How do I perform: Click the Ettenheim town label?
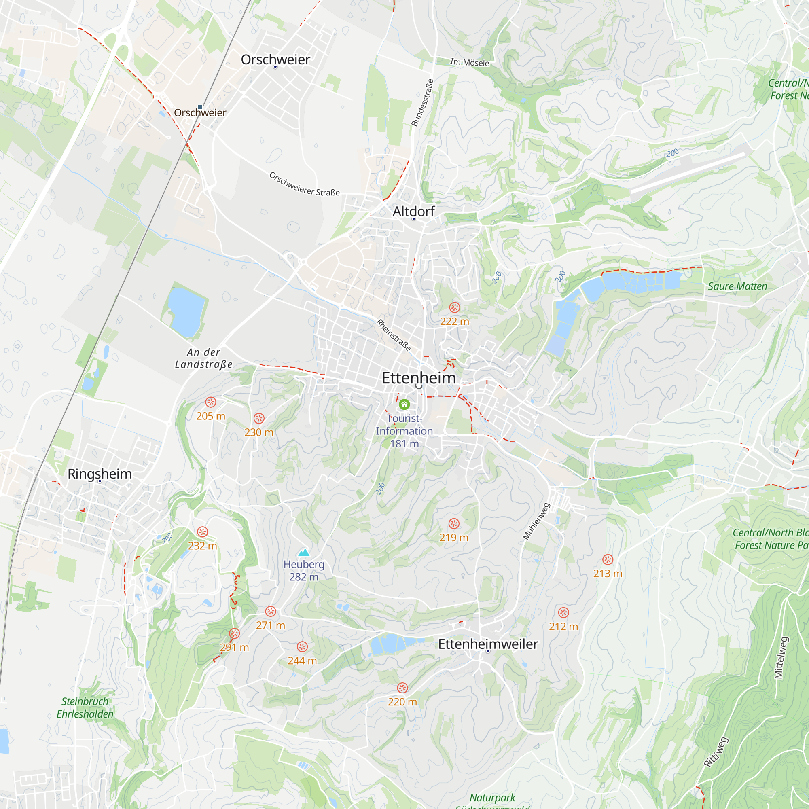pos(418,378)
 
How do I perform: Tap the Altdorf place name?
pos(413,212)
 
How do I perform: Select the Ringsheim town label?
pos(100,474)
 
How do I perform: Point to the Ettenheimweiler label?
pos(488,644)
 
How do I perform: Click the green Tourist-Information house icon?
pos(404,404)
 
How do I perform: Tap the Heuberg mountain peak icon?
pos(304,553)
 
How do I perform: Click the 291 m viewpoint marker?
pos(235,633)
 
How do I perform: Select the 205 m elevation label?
pos(211,416)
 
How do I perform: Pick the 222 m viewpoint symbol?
pos(454,308)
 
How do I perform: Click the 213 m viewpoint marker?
pos(608,560)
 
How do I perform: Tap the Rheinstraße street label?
pos(393,335)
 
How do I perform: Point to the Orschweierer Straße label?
pos(305,184)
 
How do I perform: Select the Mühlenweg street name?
pos(536,521)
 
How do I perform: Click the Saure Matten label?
pos(737,286)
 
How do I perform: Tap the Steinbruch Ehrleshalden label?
pos(85,707)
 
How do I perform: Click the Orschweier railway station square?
pos(200,107)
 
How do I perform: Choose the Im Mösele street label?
pos(469,62)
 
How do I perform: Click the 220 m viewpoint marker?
pos(402,688)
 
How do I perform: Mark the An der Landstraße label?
pos(203,358)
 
